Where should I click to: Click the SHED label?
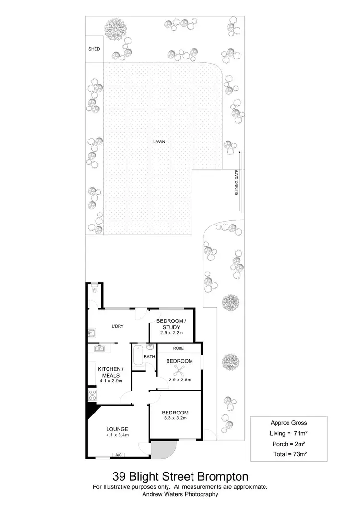[94, 49]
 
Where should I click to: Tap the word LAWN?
[159, 142]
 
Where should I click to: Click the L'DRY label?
[118, 326]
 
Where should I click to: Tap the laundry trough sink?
[92, 332]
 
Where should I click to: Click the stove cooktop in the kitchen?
[92, 396]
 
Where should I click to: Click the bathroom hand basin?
[150, 347]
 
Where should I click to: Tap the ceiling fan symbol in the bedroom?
[179, 371]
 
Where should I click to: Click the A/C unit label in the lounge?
[118, 454]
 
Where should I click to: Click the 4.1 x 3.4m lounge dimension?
[118, 435]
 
